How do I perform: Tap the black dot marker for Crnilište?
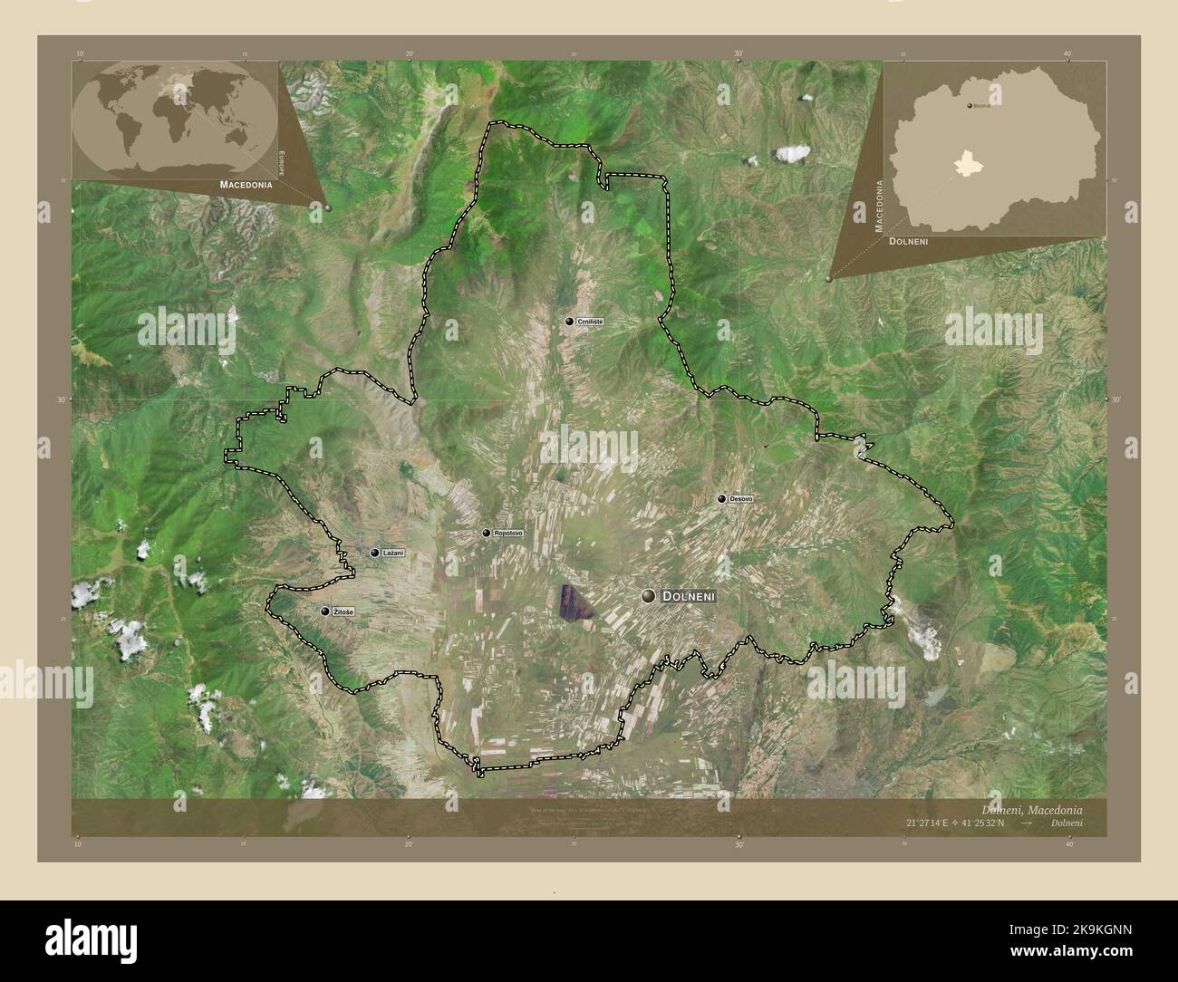[569, 322]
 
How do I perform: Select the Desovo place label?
[741, 498]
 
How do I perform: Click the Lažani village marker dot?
[374, 553]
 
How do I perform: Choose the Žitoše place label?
[343, 612]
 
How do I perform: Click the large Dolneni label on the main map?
[690, 596]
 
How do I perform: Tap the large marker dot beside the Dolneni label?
[648, 595]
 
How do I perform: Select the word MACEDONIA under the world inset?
[246, 184]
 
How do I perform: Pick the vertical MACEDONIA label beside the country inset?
[878, 207]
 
